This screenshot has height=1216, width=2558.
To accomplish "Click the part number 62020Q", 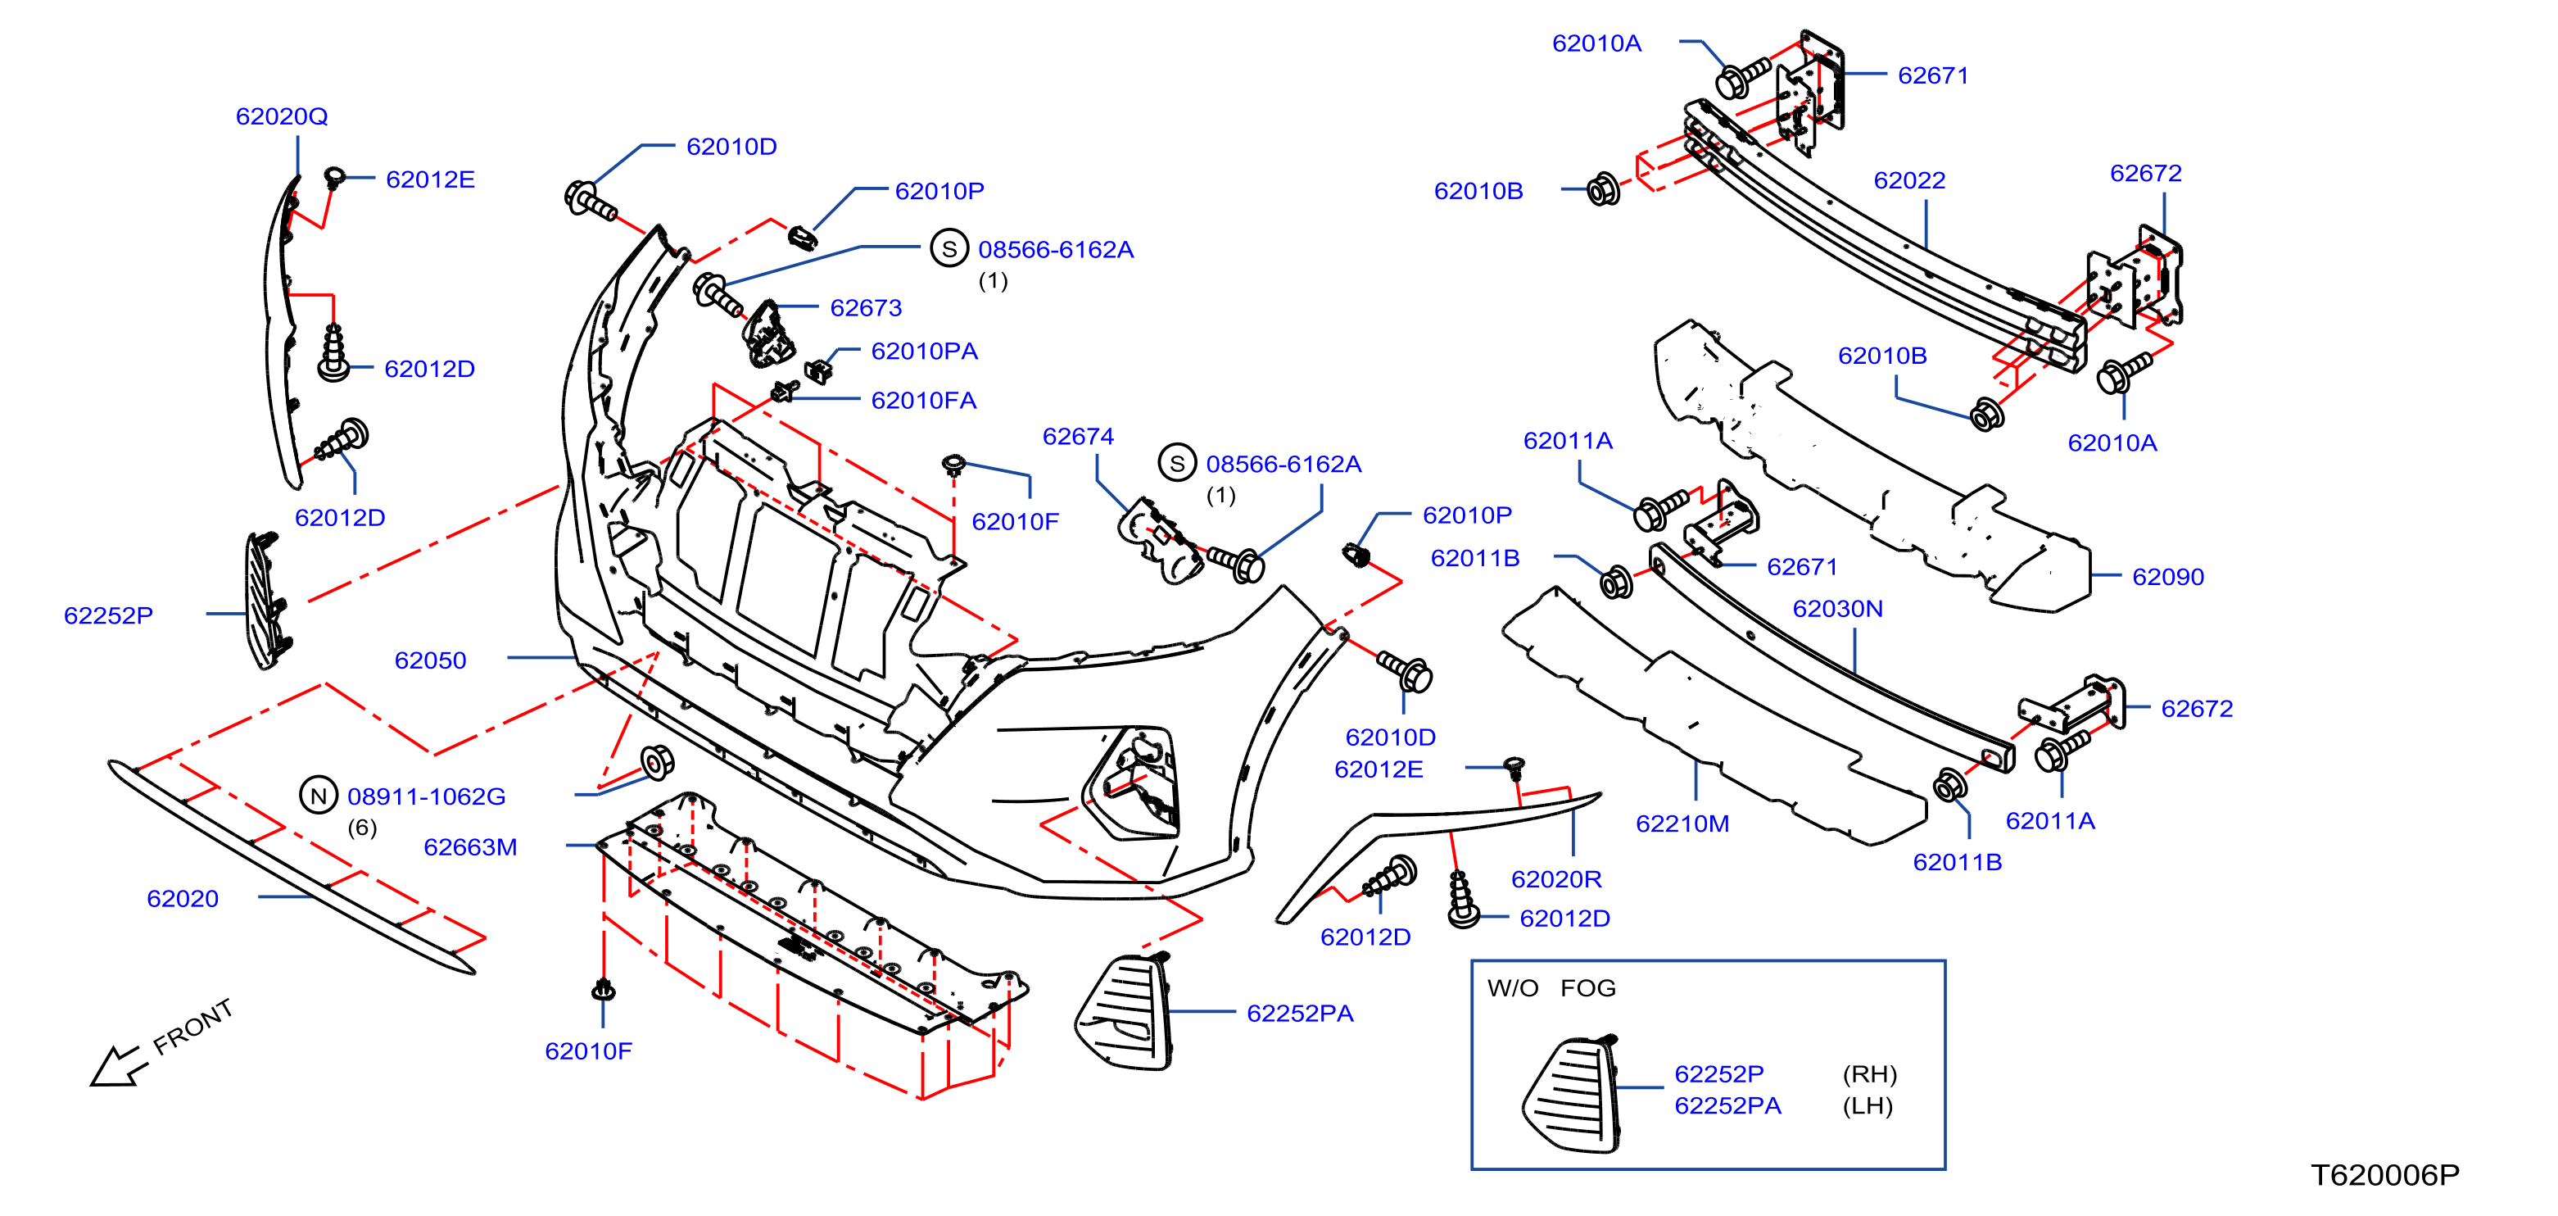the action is tap(281, 116).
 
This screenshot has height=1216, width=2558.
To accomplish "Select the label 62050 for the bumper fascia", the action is tap(430, 660).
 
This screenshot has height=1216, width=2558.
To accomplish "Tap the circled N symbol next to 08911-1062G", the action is tap(318, 796).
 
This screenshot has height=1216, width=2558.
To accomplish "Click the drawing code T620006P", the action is tap(2384, 1175).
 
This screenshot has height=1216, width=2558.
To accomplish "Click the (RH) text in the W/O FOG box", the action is tap(1870, 1074).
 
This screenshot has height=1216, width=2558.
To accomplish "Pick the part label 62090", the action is tap(2168, 577).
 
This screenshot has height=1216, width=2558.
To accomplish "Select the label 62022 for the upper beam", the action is tap(1908, 181).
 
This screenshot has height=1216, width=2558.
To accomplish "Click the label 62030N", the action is tap(1837, 609).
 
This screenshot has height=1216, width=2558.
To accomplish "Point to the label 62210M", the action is tap(1682, 824).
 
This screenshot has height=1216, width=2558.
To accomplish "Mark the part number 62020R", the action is tap(1556, 879).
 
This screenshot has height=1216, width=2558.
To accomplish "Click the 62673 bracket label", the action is tap(866, 308).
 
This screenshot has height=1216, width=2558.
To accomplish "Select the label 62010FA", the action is tap(923, 401).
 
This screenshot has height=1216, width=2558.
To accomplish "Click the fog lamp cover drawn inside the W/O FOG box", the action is tap(1571, 1094).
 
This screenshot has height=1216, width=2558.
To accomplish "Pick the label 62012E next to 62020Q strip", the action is tap(430, 179).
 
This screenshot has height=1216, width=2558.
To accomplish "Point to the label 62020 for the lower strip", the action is tap(183, 899).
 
